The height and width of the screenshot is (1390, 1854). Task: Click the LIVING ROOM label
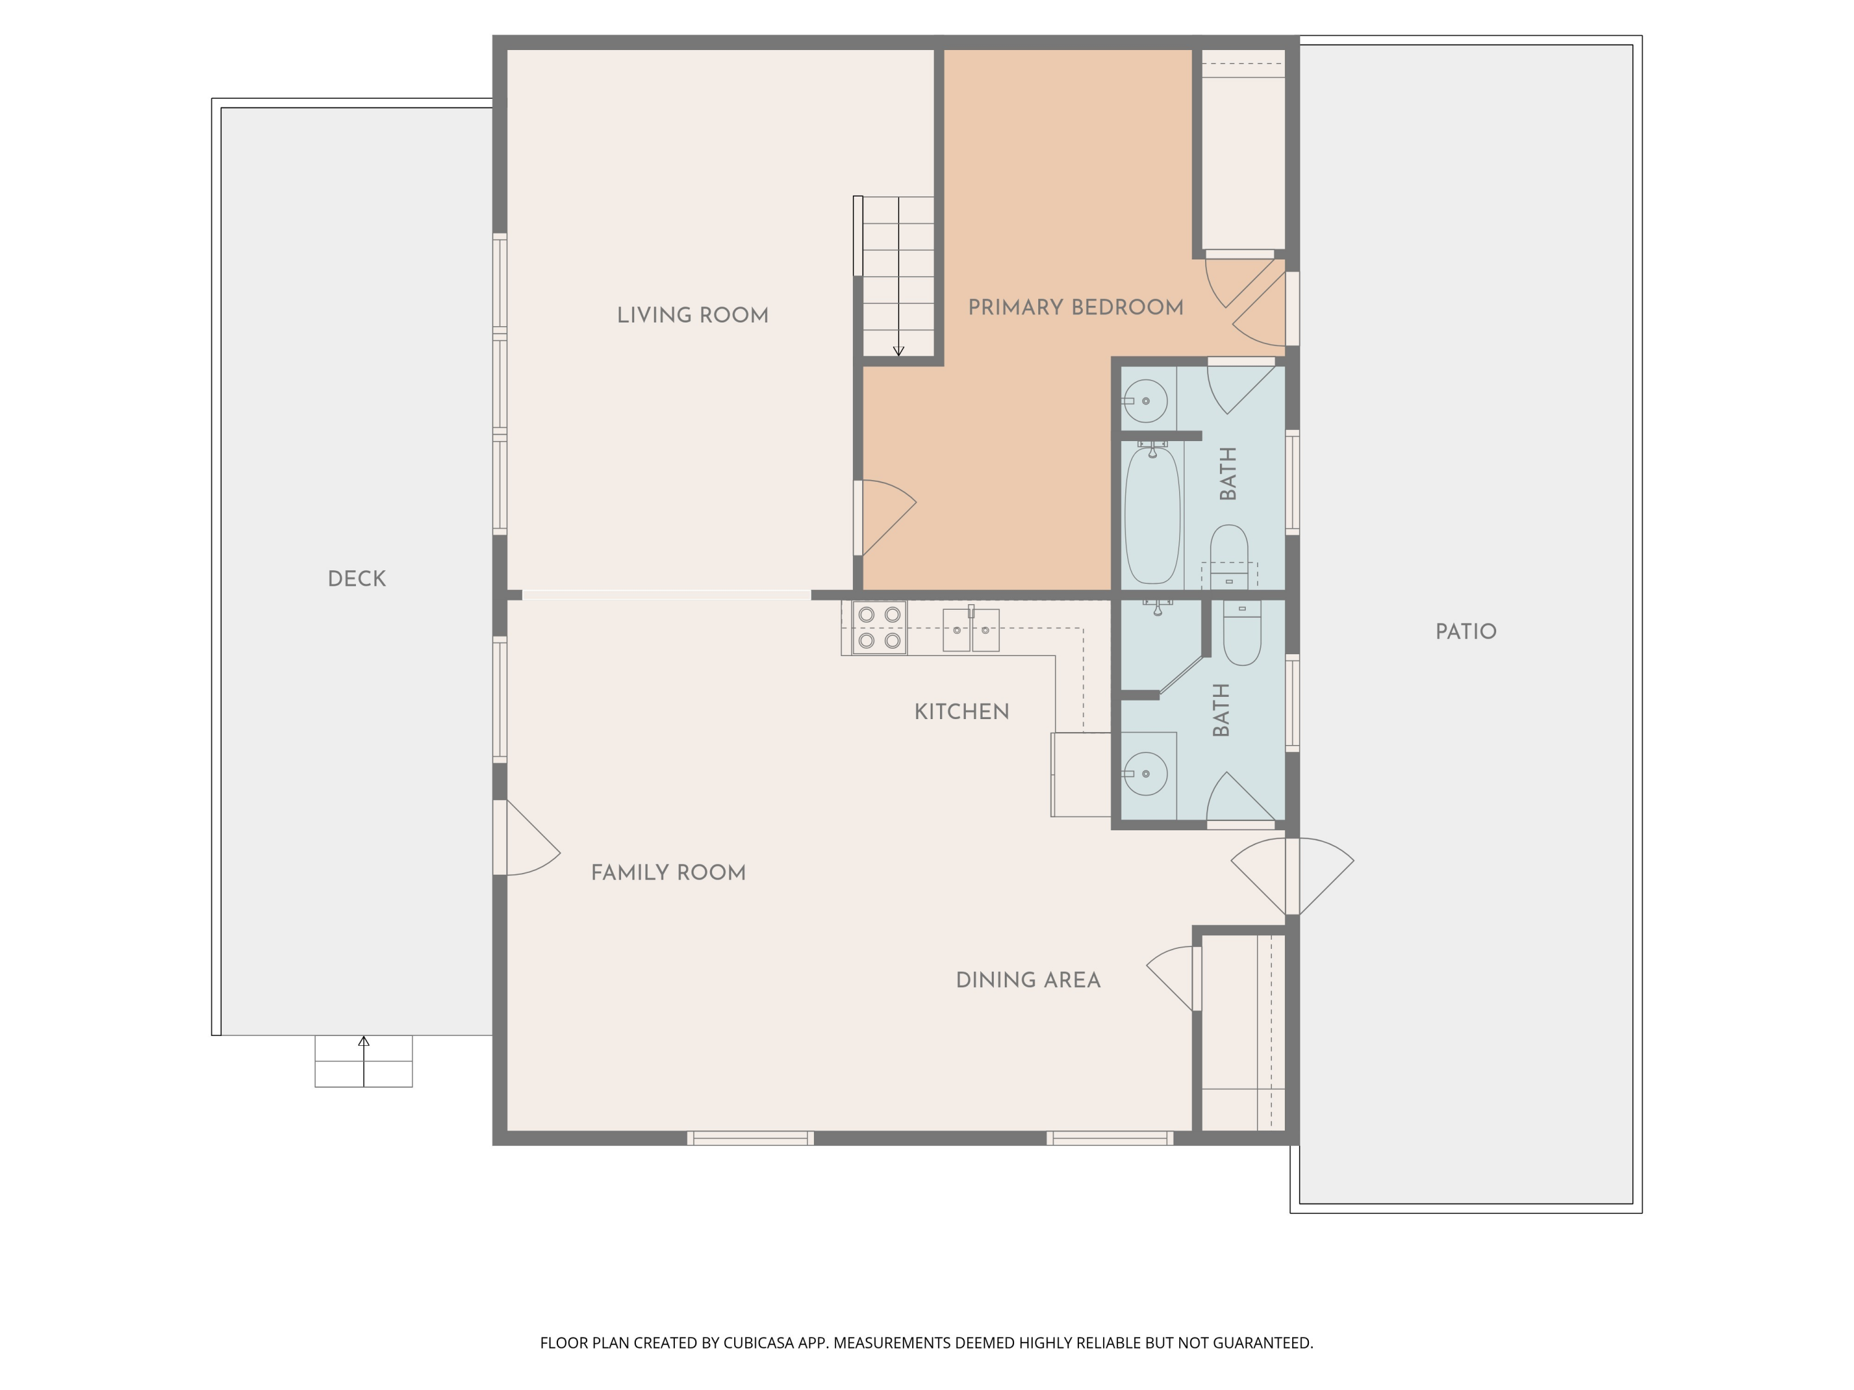(x=692, y=315)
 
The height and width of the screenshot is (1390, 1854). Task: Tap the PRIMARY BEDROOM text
(x=1075, y=308)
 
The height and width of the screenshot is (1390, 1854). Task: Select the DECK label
(x=357, y=579)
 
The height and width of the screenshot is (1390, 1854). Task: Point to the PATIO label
(x=1466, y=632)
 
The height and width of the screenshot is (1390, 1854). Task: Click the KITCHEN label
(x=962, y=711)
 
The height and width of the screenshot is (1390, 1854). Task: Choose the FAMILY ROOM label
(x=668, y=872)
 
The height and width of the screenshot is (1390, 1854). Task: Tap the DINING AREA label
(x=1028, y=979)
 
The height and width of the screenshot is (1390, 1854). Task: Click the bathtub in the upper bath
(x=1153, y=515)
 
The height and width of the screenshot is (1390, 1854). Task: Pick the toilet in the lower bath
(x=1242, y=633)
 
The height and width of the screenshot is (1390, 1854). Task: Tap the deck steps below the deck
(x=364, y=1061)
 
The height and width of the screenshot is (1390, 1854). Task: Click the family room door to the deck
(x=527, y=838)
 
